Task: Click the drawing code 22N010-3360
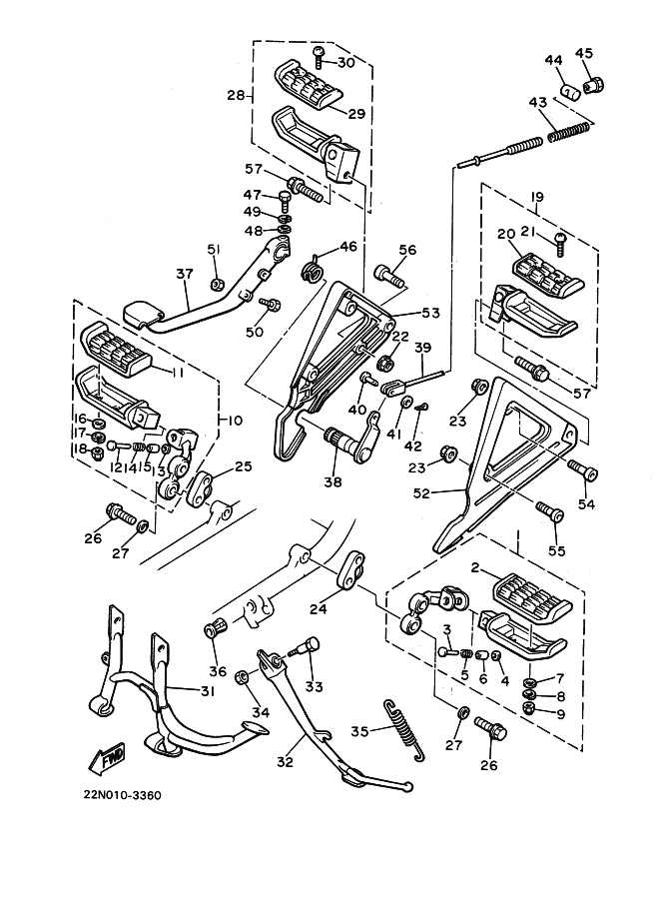click(x=122, y=795)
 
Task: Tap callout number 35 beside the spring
click(x=359, y=730)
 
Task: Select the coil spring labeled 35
click(x=404, y=730)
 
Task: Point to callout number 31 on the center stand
click(x=208, y=691)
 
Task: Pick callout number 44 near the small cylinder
click(x=553, y=61)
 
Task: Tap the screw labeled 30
click(x=320, y=58)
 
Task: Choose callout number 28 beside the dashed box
click(x=236, y=95)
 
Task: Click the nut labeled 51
click(x=218, y=285)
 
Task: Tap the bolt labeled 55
click(x=549, y=513)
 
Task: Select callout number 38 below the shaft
click(x=333, y=481)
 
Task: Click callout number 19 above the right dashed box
click(x=537, y=197)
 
